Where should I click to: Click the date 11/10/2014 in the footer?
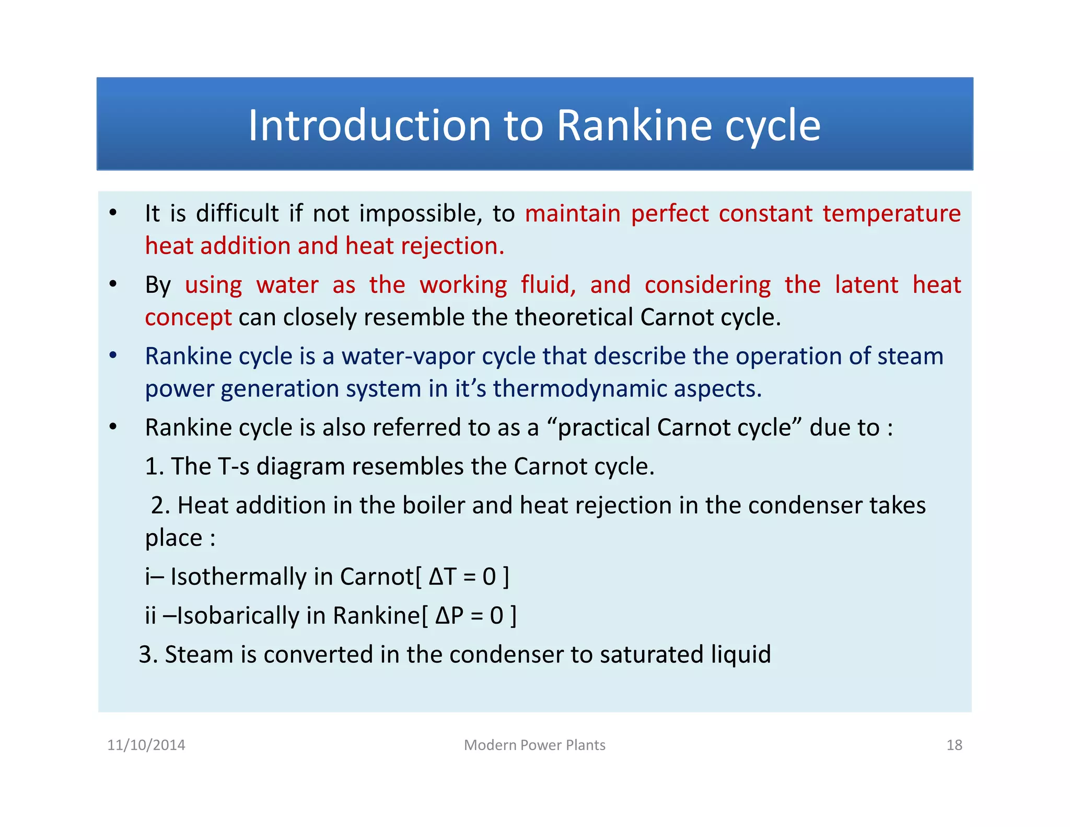point(146,745)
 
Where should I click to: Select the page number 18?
point(954,745)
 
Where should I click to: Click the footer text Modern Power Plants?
point(534,745)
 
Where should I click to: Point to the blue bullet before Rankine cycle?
point(113,356)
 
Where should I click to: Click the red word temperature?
point(891,214)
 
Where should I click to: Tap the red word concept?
point(188,318)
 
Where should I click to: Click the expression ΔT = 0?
point(462,577)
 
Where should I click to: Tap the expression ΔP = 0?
point(469,616)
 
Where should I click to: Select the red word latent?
point(866,285)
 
